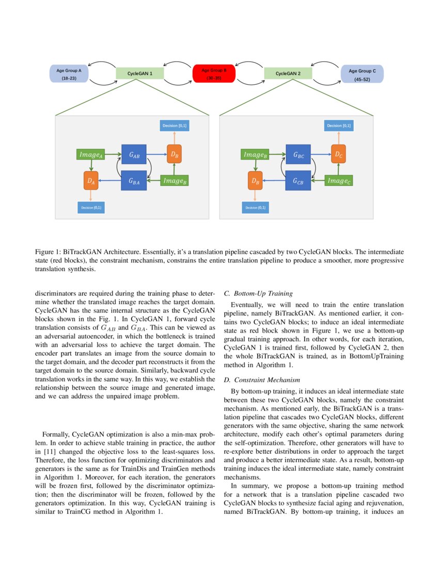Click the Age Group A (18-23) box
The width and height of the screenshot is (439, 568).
tap(69, 74)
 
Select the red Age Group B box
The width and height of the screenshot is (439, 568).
tap(214, 74)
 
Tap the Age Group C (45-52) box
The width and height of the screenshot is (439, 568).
tap(362, 74)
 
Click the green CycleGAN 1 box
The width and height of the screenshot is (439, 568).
tap(140, 74)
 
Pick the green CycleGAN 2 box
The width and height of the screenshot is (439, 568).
tap(288, 74)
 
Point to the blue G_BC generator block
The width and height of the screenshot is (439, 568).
tap(298, 154)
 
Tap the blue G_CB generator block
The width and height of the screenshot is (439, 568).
tap(298, 181)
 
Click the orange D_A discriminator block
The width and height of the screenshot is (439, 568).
tap(91, 181)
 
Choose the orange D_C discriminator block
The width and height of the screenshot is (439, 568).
tap(338, 154)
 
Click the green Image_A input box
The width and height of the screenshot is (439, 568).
tap(91, 154)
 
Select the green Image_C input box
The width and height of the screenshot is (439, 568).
tap(339, 181)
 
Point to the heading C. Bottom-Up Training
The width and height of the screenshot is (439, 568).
tap(258, 294)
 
